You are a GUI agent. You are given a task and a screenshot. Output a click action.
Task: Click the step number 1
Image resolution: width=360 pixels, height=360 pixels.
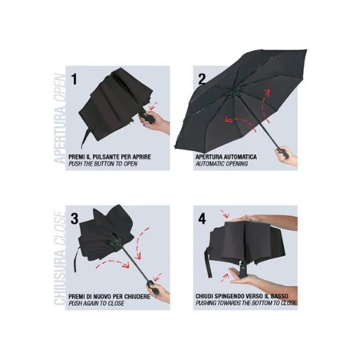(x=74, y=79)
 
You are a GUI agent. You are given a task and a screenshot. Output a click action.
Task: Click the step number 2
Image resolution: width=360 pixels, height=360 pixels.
(x=202, y=79)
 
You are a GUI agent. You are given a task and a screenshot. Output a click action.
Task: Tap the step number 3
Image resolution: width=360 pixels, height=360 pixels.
(x=74, y=219)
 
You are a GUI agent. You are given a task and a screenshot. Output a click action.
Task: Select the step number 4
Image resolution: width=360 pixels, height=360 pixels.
(x=202, y=219)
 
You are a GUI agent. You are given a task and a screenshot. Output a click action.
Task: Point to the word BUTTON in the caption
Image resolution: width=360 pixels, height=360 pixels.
(x=104, y=164)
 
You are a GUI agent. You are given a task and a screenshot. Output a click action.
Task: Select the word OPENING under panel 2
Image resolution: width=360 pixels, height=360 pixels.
(x=236, y=164)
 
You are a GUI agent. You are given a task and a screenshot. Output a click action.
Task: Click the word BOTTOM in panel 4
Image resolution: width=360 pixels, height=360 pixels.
(x=263, y=303)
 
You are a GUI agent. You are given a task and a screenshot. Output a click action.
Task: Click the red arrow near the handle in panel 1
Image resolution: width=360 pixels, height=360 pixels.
(x=154, y=106)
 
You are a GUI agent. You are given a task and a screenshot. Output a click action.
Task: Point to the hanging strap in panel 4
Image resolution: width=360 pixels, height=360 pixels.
(x=208, y=263)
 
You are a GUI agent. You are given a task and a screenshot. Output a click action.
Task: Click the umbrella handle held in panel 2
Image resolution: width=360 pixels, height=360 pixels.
(x=281, y=152)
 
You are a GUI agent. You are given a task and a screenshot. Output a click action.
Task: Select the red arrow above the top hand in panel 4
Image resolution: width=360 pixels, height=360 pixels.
(x=224, y=214)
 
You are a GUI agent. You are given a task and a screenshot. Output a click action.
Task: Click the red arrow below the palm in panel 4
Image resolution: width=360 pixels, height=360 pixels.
(x=224, y=278)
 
